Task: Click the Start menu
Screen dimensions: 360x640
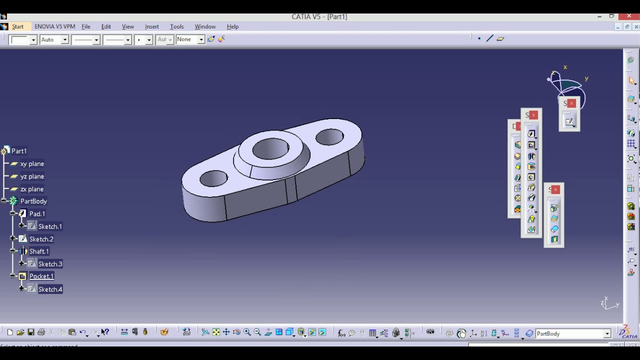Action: click(17, 26)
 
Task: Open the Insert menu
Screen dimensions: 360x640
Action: click(151, 26)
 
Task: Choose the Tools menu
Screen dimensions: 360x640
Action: click(176, 26)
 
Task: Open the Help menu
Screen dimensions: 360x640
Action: click(232, 26)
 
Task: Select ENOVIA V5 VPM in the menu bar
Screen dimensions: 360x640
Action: click(54, 26)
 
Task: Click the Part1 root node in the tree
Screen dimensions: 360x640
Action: click(19, 151)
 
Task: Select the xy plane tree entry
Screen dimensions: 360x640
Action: click(32, 164)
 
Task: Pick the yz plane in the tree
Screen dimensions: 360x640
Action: click(32, 176)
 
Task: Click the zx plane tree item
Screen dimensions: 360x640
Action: click(32, 189)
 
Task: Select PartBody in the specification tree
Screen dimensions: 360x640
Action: click(33, 201)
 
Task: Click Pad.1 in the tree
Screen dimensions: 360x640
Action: click(37, 214)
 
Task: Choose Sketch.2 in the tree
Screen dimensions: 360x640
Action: click(41, 239)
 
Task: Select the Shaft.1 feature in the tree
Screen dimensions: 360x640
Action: click(39, 251)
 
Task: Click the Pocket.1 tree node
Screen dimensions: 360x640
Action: click(41, 276)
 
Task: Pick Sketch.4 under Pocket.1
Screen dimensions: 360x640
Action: click(50, 289)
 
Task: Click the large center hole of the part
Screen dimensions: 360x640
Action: click(270, 148)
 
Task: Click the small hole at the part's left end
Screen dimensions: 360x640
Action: click(213, 178)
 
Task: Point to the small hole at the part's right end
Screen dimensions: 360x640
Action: click(329, 136)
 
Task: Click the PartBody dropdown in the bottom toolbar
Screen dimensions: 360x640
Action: click(573, 333)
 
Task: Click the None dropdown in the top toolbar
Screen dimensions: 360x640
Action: click(190, 39)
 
